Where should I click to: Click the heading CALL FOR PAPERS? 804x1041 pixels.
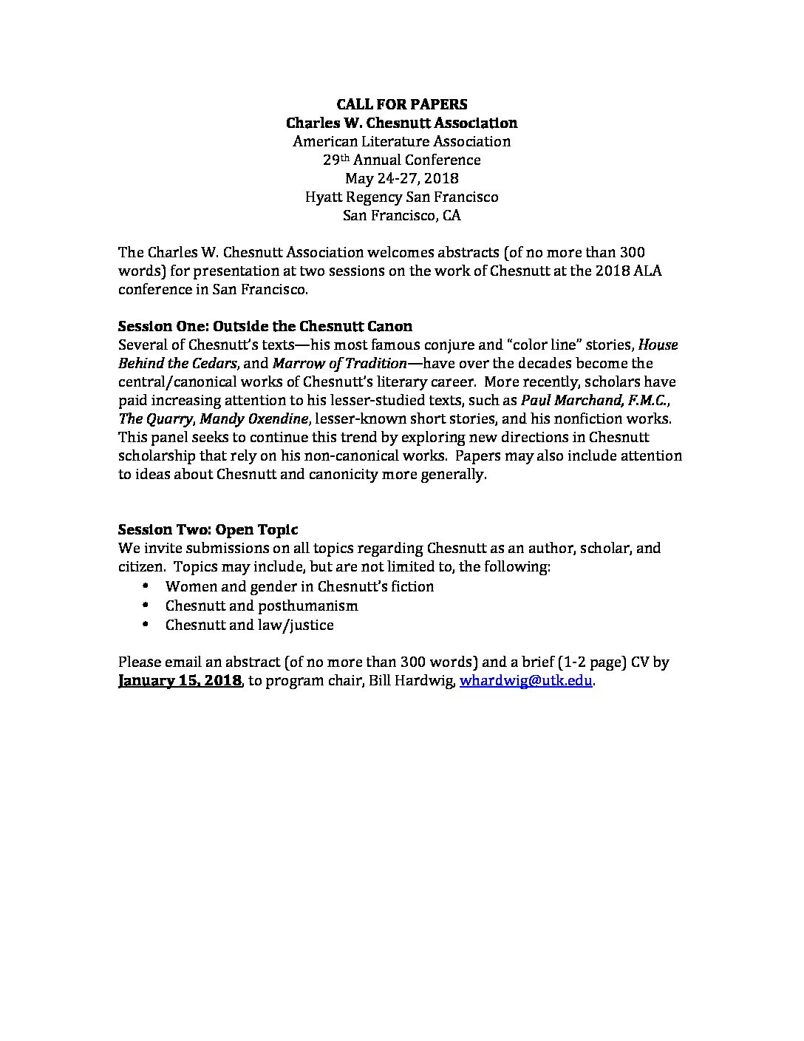coord(401,104)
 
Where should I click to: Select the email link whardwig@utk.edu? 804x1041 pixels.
coord(525,681)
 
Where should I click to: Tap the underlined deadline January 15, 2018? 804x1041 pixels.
coord(180,681)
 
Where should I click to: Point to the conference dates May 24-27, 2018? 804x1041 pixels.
coord(401,178)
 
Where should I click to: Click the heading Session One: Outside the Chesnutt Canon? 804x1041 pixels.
coord(265,326)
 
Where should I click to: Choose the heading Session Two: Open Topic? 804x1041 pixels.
coord(208,529)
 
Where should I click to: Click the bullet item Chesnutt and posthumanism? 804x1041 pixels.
coord(262,606)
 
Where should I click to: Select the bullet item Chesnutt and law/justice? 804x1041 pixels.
coord(249,625)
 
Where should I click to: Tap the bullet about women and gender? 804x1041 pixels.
coord(299,586)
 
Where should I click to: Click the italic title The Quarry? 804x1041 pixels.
coord(155,418)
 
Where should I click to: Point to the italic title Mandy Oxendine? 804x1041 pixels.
coord(253,418)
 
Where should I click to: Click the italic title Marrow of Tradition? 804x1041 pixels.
coord(340,363)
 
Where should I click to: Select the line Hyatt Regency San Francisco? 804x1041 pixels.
coord(401,197)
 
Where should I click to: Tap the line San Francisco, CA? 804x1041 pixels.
coord(401,215)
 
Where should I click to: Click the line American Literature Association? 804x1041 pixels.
coord(401,141)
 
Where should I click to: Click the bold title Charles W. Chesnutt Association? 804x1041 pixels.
coord(401,123)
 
